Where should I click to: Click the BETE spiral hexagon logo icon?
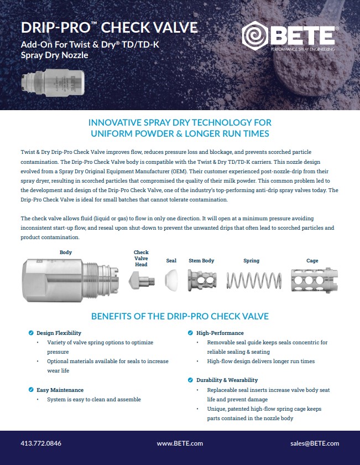255,35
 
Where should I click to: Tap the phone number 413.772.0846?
40,443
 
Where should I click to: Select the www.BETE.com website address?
180,443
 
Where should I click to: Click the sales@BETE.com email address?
315,443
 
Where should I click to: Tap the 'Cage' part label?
312,261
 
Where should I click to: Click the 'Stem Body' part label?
202,261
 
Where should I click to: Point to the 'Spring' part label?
251,261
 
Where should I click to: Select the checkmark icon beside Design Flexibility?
31,333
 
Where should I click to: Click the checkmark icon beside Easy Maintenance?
31,390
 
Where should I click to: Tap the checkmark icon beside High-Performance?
191,333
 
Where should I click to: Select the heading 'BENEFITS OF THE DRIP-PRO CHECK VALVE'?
180,316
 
